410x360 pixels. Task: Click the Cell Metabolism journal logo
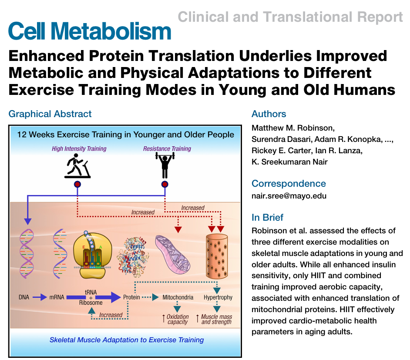pos(90,31)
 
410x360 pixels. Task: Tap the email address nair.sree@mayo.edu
pos(289,196)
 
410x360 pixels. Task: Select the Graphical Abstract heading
pos(50,114)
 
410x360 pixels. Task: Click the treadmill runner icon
pos(77,166)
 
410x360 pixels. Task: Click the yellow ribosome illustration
pos(93,255)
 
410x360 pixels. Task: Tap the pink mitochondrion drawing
pos(173,254)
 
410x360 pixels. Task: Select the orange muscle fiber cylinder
pos(217,256)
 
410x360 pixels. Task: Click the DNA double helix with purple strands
pos(27,253)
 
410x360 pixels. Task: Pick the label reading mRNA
pos(57,297)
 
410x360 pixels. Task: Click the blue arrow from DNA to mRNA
pos(40,297)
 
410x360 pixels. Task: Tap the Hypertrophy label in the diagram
pos(218,297)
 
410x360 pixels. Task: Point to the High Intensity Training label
pos(79,149)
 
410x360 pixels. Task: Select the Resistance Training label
pos(167,149)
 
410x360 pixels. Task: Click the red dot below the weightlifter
pos(165,184)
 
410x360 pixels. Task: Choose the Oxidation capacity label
pos(178,319)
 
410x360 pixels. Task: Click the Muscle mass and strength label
pos(216,319)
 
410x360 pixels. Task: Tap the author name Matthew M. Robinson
pos(293,128)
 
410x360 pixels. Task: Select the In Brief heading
pos(268,217)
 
